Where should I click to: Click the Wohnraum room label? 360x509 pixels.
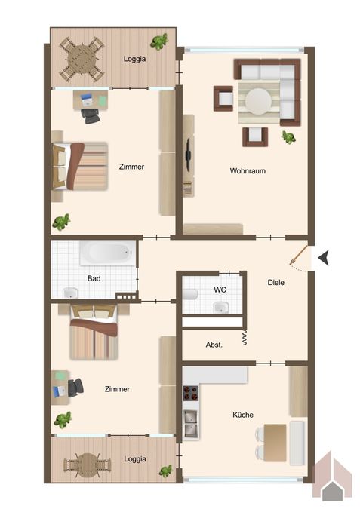(248, 170)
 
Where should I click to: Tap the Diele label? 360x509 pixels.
(276, 283)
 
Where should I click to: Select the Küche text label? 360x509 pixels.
(243, 415)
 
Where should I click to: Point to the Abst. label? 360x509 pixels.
(214, 345)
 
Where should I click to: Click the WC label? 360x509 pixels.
(220, 290)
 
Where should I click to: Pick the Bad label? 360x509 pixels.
(94, 278)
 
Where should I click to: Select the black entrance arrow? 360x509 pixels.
(323, 258)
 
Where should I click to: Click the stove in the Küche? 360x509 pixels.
(192, 394)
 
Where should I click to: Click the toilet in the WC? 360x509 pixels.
(189, 296)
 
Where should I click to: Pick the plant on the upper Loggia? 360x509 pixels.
(158, 41)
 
